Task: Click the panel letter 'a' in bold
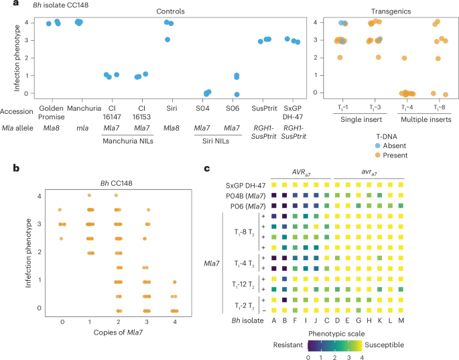[5, 5]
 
